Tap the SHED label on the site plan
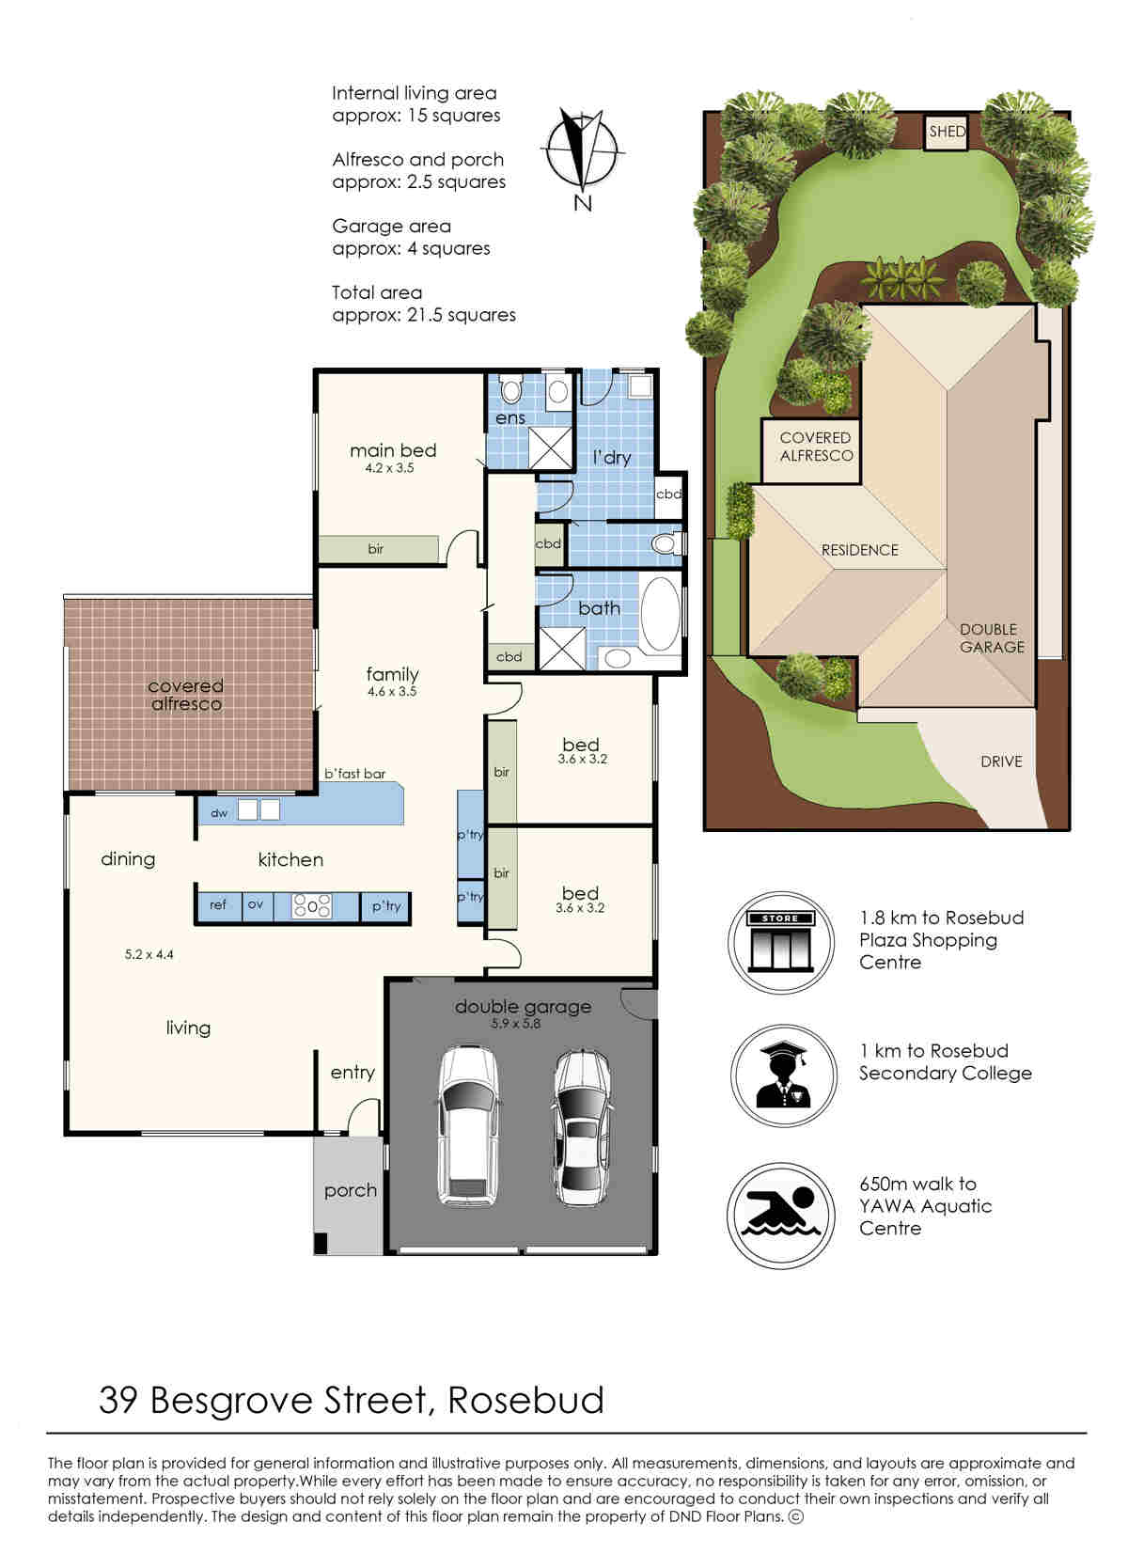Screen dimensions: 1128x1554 tap(947, 131)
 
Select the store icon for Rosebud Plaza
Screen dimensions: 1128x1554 tap(780, 942)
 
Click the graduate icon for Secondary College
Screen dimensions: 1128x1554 tap(783, 1076)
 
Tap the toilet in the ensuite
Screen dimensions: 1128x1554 tap(511, 389)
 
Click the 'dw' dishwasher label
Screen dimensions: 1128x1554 tap(219, 813)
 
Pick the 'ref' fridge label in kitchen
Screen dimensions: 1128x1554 tap(218, 904)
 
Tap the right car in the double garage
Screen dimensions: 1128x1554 tap(582, 1129)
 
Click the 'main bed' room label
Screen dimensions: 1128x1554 tap(393, 450)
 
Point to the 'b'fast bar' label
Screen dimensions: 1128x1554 tap(354, 774)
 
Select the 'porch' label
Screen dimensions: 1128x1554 tap(351, 1190)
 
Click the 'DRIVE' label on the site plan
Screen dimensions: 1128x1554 tap(1001, 761)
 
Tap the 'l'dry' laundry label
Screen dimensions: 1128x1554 tap(611, 458)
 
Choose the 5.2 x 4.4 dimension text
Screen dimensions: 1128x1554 tap(149, 954)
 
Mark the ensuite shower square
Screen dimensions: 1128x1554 tap(551, 447)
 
